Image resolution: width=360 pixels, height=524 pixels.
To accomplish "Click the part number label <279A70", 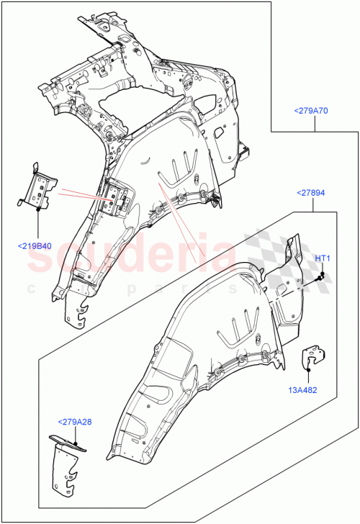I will point(311,111).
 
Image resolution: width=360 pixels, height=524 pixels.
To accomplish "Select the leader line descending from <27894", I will point(313,205).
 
